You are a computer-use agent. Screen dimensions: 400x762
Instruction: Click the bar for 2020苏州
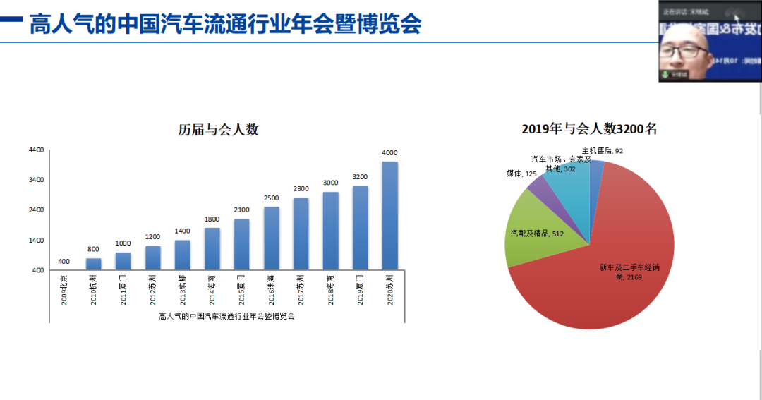coord(389,216)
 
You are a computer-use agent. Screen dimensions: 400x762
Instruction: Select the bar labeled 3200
coord(360,228)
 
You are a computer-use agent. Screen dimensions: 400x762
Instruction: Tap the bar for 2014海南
coord(212,248)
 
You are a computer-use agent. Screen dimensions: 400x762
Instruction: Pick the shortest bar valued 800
coord(94,264)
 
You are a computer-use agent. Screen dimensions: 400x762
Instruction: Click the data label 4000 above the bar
coord(389,153)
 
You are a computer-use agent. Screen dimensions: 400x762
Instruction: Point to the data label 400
coord(64,262)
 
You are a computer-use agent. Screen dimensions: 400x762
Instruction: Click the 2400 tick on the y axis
coord(36,210)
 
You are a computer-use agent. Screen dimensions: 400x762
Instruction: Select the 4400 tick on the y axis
coord(36,150)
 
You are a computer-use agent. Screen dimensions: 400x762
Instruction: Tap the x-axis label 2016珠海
coord(272,289)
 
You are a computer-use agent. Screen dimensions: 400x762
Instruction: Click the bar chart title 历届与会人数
coord(218,130)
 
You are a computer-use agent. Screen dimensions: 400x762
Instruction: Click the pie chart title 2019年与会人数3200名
coord(589,129)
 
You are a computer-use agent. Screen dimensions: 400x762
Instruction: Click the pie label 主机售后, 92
coord(602,150)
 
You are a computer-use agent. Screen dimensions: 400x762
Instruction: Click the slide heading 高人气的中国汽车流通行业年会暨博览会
coord(225,25)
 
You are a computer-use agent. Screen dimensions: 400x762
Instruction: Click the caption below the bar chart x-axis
coord(226,316)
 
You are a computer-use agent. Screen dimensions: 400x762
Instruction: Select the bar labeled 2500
coord(272,238)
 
